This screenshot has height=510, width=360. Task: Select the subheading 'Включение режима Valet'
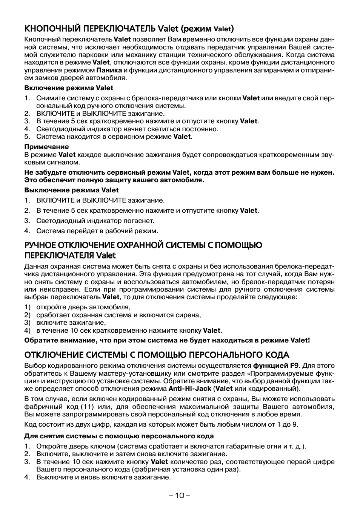69,88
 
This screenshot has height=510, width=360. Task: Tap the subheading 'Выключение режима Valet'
71,190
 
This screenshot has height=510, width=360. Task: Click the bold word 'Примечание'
47,147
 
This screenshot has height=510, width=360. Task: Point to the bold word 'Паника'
109,70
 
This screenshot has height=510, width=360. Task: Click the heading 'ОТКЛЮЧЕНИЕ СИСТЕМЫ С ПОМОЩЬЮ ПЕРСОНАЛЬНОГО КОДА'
157,355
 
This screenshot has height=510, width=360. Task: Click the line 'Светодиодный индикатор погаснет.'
95,221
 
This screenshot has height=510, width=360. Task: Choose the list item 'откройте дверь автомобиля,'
83,307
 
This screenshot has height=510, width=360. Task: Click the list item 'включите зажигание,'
71,323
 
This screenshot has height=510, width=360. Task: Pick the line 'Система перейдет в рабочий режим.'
97,230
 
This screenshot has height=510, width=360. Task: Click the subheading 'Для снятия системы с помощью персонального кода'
119,436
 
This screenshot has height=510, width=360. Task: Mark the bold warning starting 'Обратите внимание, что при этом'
167,340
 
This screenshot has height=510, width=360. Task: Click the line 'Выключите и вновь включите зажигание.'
103,477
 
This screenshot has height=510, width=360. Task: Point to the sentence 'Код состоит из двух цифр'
161,424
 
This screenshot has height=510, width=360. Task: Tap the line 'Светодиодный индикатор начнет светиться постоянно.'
127,129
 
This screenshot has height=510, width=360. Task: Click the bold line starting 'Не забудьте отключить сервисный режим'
179,173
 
